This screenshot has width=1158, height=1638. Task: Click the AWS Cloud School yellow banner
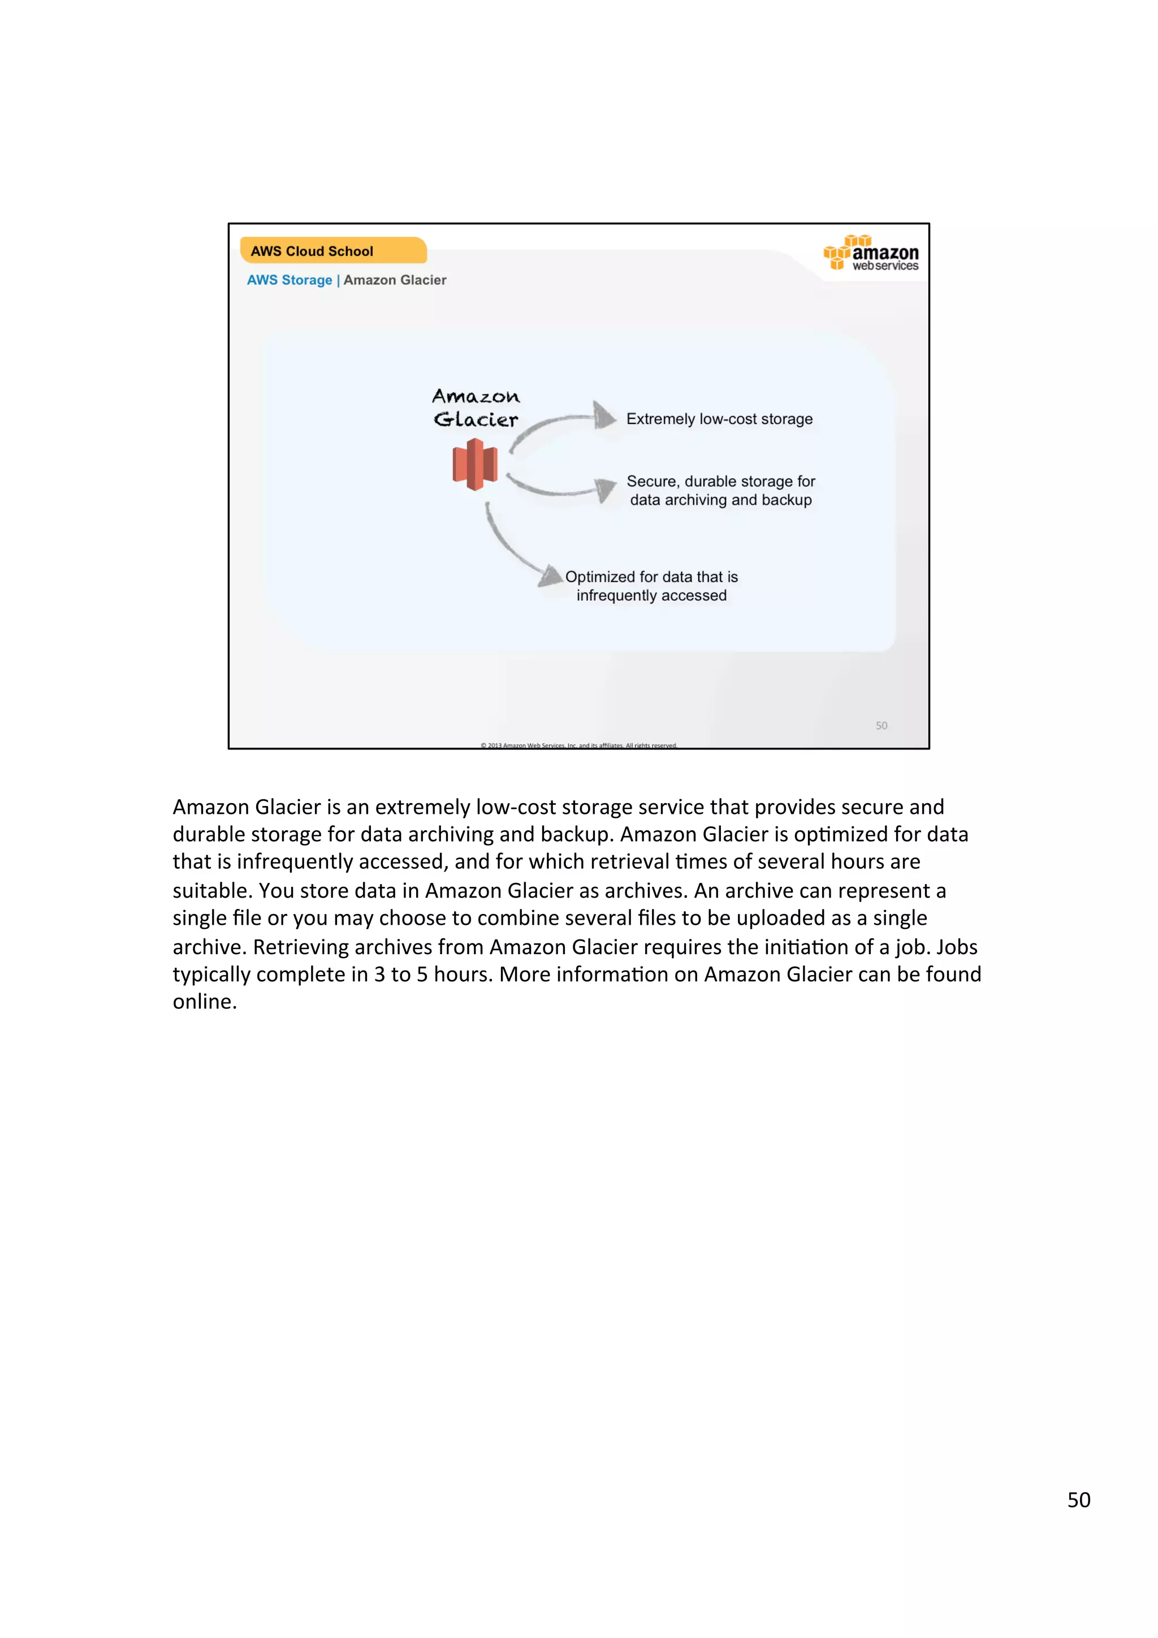coord(332,250)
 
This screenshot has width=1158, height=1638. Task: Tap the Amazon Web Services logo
coord(871,253)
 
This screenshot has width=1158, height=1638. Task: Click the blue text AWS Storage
coord(289,280)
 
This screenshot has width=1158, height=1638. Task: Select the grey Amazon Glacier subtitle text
coord(395,280)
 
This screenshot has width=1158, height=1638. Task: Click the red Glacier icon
coord(475,465)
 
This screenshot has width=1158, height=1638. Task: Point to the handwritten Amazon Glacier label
coord(476,408)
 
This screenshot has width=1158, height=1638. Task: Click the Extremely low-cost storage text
coord(719,419)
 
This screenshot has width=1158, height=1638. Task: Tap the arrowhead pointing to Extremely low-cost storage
coord(604,415)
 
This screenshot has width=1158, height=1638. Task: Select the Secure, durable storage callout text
coord(720,491)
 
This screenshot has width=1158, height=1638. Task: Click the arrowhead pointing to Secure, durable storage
coord(606,489)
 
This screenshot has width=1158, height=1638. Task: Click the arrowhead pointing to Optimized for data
coord(550,577)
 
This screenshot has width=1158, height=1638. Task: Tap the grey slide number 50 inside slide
coord(881,726)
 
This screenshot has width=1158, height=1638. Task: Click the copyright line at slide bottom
coord(578,745)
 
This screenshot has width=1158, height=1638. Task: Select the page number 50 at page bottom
coord(1078,1500)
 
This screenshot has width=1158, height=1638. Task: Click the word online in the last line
coord(204,1002)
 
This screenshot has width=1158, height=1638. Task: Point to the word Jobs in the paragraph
coord(956,947)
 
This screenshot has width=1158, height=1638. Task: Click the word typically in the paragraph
coord(211,974)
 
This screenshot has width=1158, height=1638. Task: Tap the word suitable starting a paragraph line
coord(212,891)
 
